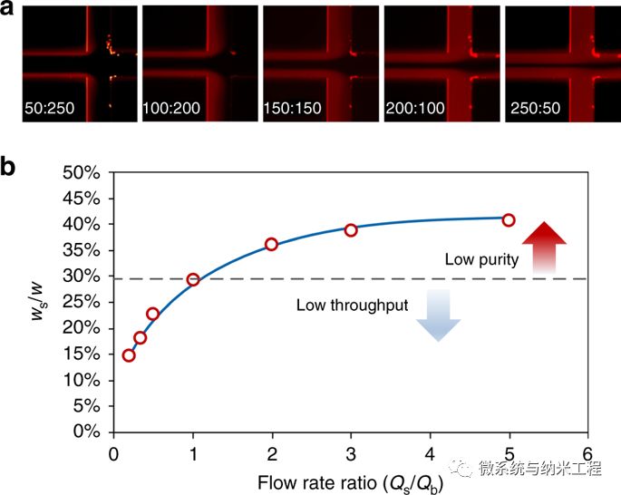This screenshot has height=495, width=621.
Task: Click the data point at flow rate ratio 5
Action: click(509, 220)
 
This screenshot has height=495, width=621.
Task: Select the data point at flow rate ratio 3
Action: click(351, 230)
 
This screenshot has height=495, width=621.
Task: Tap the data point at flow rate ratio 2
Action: click(271, 244)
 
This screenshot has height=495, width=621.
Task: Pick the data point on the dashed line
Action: click(193, 279)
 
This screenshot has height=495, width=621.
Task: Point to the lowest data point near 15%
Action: click(129, 355)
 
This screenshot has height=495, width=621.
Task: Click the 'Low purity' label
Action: click(481, 260)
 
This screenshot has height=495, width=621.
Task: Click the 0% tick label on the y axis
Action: click(92, 431)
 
